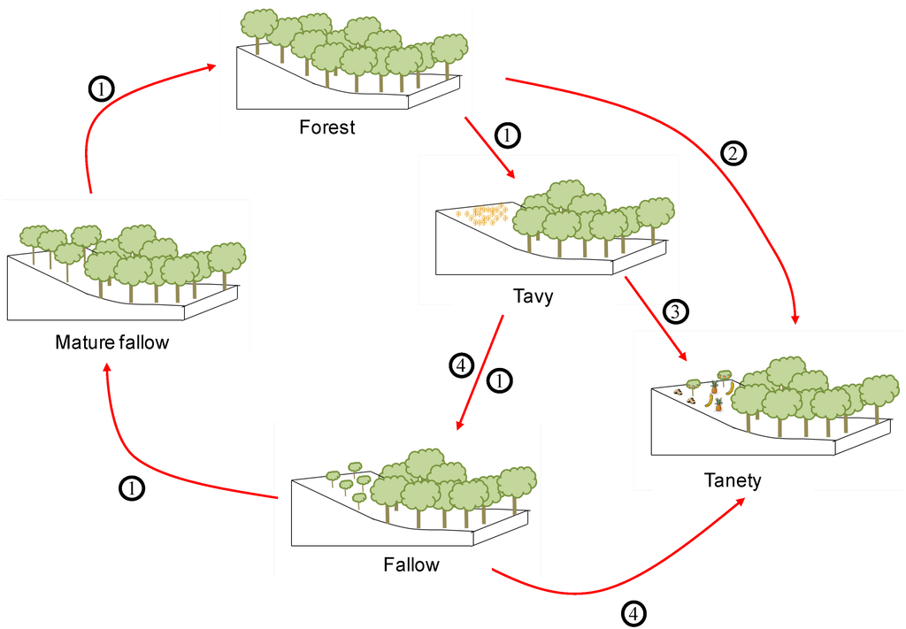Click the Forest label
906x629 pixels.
(326, 127)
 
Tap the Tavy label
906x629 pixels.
(533, 295)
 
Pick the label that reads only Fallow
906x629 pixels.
(411, 564)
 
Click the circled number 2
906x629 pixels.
(734, 153)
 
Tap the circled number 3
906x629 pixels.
(675, 311)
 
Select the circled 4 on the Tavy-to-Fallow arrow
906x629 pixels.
(463, 364)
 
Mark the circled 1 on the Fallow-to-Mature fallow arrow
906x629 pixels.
(132, 487)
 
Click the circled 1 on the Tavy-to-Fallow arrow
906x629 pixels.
(499, 380)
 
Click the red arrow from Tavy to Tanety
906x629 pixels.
(655, 318)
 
